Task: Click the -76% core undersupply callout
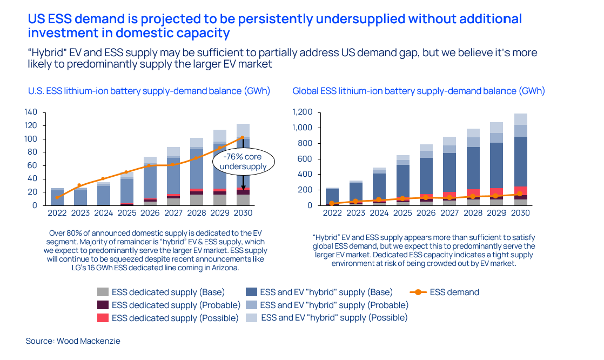click(x=244, y=161)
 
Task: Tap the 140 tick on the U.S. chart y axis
click(x=31, y=112)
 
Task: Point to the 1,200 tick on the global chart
click(x=301, y=112)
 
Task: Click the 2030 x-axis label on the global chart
click(x=520, y=213)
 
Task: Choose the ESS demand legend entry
click(x=454, y=292)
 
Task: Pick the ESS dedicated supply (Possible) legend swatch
click(x=103, y=318)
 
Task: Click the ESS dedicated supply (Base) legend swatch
click(x=103, y=292)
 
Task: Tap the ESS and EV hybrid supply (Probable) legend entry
click(x=333, y=305)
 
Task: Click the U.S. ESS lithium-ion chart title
click(x=149, y=91)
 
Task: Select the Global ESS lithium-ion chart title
click(x=418, y=91)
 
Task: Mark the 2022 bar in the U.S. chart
click(x=57, y=197)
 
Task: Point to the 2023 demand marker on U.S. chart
click(x=79, y=185)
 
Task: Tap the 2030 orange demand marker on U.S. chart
click(x=243, y=137)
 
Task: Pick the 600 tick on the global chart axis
click(x=305, y=159)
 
